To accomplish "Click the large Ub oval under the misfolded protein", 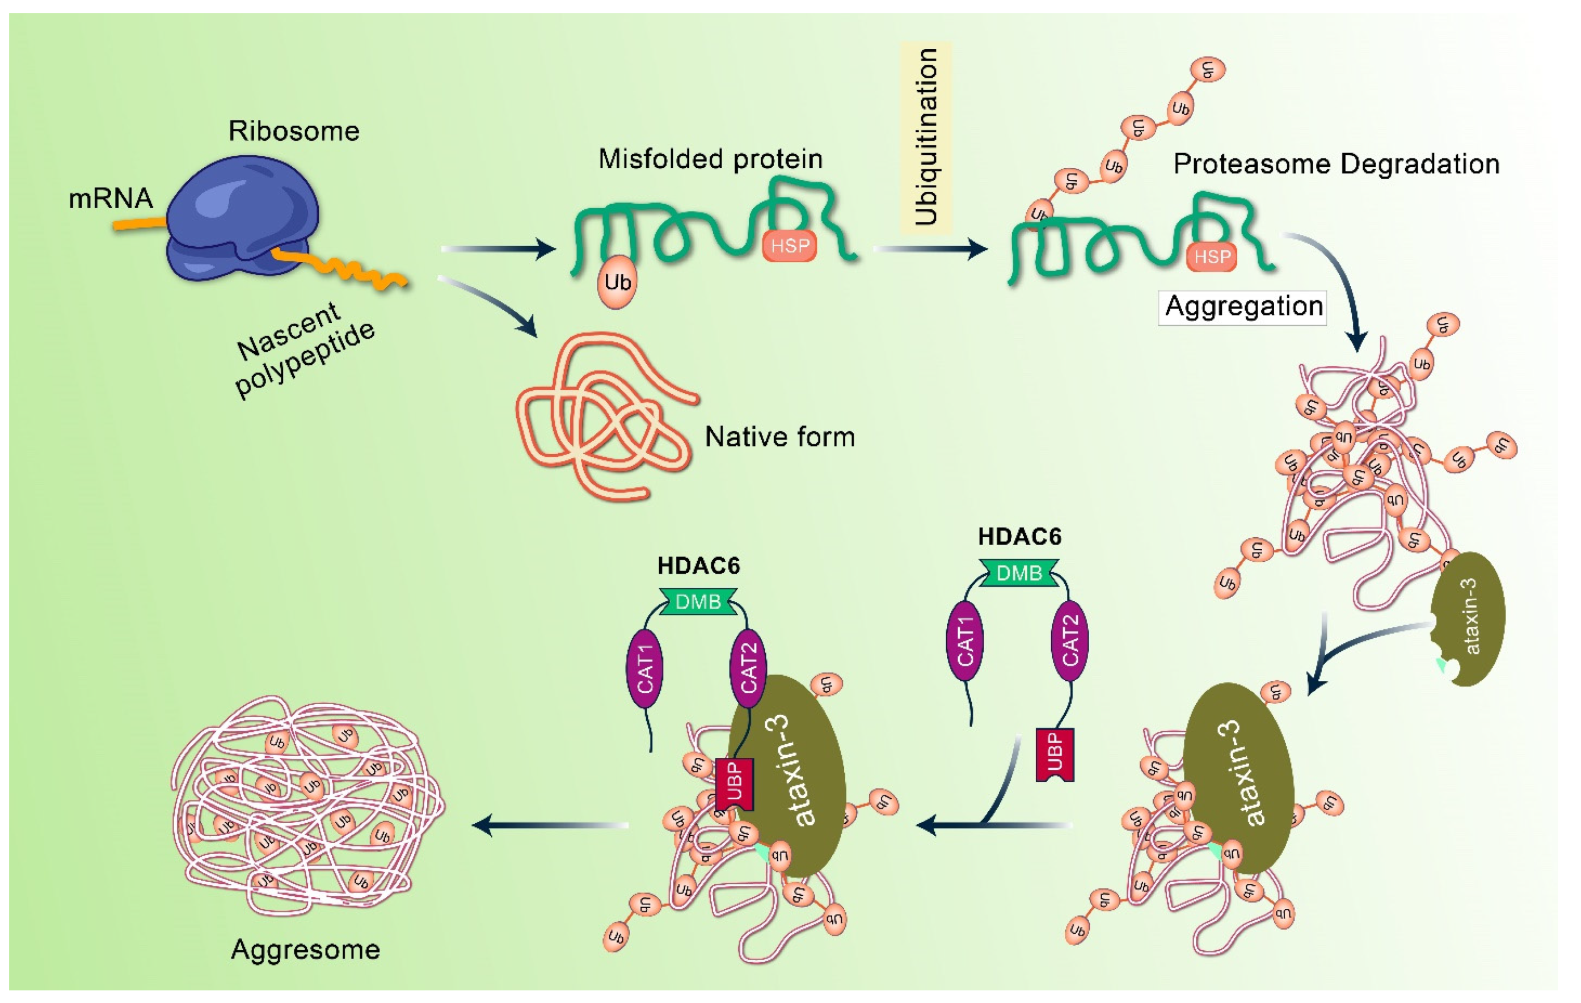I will [617, 283].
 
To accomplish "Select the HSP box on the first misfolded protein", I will [789, 246].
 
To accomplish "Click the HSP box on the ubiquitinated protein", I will [1212, 256].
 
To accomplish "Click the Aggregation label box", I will [1242, 306].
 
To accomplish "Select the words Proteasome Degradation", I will [1336, 164].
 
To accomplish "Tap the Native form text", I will [779, 436].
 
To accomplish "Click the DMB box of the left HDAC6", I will [698, 601].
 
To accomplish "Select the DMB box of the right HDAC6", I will [1019, 573].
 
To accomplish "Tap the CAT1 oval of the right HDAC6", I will [964, 640].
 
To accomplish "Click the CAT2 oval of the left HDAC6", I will [748, 668].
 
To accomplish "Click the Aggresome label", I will [305, 950].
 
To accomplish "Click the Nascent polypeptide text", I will [305, 348].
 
